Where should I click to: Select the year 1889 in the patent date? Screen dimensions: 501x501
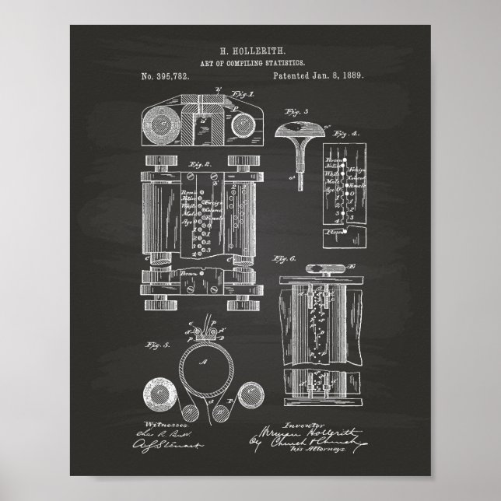pos(352,76)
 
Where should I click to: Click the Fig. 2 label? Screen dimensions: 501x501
pos(194,165)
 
